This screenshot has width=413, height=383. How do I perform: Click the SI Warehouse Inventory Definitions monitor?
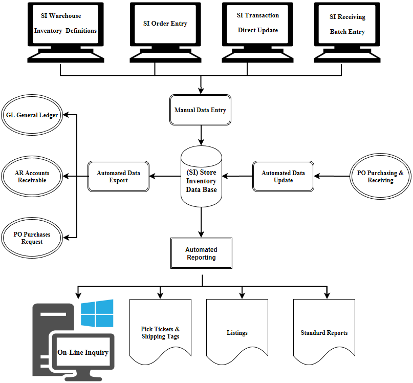(x=65, y=24)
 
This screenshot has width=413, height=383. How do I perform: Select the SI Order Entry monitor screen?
(x=165, y=24)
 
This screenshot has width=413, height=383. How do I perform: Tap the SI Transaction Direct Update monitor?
(x=257, y=24)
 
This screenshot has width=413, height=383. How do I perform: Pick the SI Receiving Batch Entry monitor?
(x=347, y=24)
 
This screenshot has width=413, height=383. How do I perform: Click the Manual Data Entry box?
(x=200, y=110)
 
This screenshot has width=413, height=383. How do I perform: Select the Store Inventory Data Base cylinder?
(x=201, y=177)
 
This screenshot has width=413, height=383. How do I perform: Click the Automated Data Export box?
(x=118, y=177)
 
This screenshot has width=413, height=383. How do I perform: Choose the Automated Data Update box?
(x=283, y=177)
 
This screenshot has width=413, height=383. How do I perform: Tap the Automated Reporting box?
(x=201, y=253)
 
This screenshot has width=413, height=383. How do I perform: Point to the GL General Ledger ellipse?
(x=32, y=115)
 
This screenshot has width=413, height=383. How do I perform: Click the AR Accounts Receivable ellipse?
(x=32, y=177)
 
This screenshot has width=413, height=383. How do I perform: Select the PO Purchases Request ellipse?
(x=32, y=238)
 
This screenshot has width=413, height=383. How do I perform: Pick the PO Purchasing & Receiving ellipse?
(x=380, y=177)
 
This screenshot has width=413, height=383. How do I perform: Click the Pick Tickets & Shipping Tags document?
(x=160, y=332)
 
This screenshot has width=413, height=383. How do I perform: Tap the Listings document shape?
(x=237, y=332)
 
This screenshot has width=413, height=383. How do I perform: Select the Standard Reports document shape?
(x=324, y=332)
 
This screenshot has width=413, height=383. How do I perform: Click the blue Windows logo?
(x=97, y=313)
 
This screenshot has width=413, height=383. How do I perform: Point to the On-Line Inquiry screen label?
(x=83, y=352)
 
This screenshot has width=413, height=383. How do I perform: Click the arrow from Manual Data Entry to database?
(x=201, y=135)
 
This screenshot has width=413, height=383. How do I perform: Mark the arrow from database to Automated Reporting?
(x=201, y=220)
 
